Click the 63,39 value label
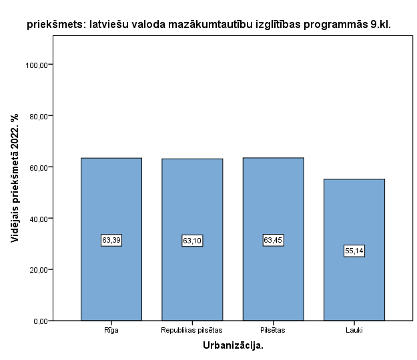[x=111, y=240]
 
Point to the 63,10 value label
[x=192, y=241]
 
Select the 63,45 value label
[x=273, y=240]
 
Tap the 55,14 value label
[x=354, y=251]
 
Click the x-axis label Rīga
[x=111, y=329]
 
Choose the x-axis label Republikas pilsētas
[x=192, y=329]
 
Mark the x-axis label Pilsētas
[x=273, y=329]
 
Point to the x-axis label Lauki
[x=354, y=329]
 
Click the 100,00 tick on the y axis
[x=36, y=65]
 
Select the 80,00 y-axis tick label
[x=37, y=116]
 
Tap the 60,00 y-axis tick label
[x=37, y=167]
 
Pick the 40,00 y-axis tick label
[x=37, y=219]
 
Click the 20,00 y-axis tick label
[x=37, y=270]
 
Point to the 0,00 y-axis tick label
[x=39, y=321]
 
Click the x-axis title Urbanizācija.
[x=233, y=345]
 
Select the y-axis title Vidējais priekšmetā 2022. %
[x=15, y=178]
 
